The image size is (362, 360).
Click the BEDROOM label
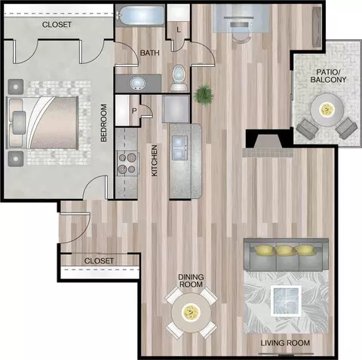104,123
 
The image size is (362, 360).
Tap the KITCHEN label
154,160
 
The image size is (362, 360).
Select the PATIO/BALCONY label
328,76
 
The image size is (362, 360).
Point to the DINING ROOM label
191,281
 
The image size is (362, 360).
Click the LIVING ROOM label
285,343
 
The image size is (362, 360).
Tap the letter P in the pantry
134,111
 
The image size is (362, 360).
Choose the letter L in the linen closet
179,30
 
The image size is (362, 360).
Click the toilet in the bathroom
179,78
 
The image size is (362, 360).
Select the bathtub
140,15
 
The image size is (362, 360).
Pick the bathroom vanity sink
138,84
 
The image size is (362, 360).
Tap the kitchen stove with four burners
127,163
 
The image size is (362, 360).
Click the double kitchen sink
180,148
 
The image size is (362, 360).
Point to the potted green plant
204,95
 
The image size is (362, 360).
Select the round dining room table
191,313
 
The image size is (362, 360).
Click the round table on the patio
327,110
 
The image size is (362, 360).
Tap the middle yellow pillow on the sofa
284,250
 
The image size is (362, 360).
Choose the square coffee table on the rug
286,301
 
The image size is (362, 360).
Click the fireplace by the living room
268,145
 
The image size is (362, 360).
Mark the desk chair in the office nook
241,37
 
